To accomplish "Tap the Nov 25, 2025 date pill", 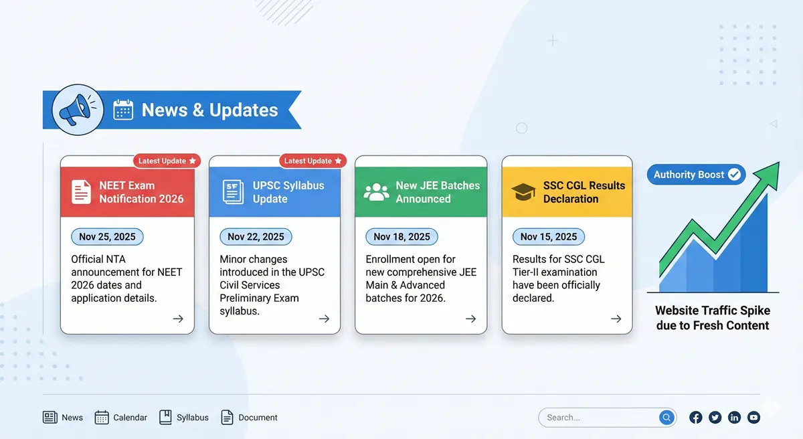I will coord(107,237).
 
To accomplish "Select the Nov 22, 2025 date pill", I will coord(256,237).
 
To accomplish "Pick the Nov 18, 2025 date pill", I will coord(401,237).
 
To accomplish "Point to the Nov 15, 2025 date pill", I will coord(549,237).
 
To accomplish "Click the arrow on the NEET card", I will coord(178,319).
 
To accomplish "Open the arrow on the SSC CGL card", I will coord(616,319).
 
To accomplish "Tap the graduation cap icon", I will coord(523,192).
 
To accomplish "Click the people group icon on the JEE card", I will coord(376,192).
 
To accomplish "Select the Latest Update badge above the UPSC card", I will coord(313,161).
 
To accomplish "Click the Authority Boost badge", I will coord(696,175).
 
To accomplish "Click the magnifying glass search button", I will coord(666,418).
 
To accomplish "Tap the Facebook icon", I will coord(696,418).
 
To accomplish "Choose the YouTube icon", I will coord(754,418).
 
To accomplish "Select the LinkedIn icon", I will coord(735,418).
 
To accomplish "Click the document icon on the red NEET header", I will coord(82,192).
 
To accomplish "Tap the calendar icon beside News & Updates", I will coord(123,110).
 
